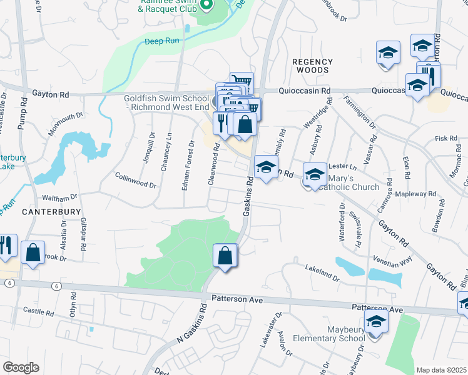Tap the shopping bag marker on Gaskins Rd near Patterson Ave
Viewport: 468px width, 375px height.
[x=225, y=256]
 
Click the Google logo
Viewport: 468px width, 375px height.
[x=20, y=367]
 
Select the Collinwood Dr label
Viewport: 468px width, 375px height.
[x=136, y=180]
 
